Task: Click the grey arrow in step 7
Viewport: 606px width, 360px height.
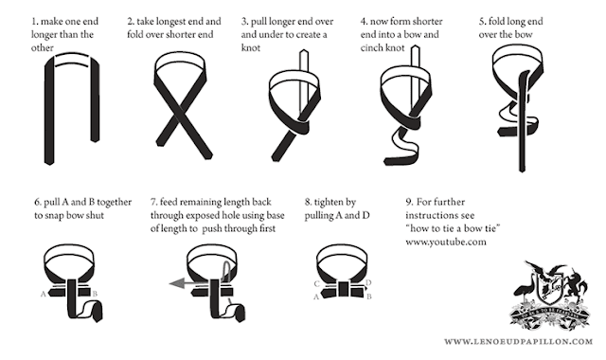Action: click(x=189, y=284)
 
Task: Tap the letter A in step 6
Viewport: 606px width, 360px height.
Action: click(x=43, y=295)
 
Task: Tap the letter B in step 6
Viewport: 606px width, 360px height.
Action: click(x=95, y=294)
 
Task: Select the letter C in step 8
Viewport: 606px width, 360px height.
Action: click(x=316, y=284)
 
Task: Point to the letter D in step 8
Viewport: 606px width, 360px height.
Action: click(x=368, y=282)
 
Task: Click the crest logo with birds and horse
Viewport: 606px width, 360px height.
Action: click(x=551, y=295)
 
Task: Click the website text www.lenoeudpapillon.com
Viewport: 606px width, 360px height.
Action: click(x=518, y=341)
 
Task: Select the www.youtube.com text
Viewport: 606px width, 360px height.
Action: click(x=446, y=243)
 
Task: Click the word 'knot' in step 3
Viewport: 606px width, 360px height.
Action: click(x=250, y=48)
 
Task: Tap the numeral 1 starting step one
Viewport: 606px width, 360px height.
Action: click(x=34, y=21)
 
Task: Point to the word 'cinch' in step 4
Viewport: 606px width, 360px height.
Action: click(x=370, y=48)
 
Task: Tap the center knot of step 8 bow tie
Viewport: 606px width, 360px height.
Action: click(x=343, y=289)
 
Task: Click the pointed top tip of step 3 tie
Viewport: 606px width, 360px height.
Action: click(x=304, y=50)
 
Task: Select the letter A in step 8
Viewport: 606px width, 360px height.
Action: click(x=315, y=297)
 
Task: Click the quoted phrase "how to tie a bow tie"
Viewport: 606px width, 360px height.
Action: click(x=453, y=228)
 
